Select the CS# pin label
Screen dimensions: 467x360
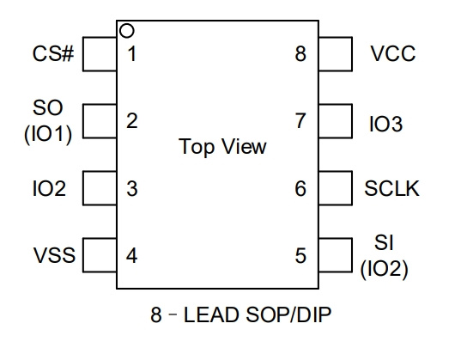[x=53, y=54]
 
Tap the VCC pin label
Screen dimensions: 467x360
[x=393, y=54]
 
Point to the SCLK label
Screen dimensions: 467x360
[x=391, y=188]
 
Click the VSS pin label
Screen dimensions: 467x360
[x=54, y=255]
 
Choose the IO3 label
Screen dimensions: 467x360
[x=386, y=124]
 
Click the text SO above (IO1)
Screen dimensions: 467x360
[x=48, y=107]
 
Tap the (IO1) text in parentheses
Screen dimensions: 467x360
[x=48, y=134]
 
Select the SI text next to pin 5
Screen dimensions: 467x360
[x=384, y=242]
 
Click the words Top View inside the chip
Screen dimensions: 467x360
[x=222, y=147]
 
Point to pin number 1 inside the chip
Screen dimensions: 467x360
[x=132, y=54]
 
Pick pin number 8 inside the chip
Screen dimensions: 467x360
[x=300, y=54]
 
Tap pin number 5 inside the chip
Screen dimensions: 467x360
[x=300, y=256]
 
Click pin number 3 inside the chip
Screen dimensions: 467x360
[x=132, y=189]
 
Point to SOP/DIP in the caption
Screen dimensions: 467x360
[x=288, y=314]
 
